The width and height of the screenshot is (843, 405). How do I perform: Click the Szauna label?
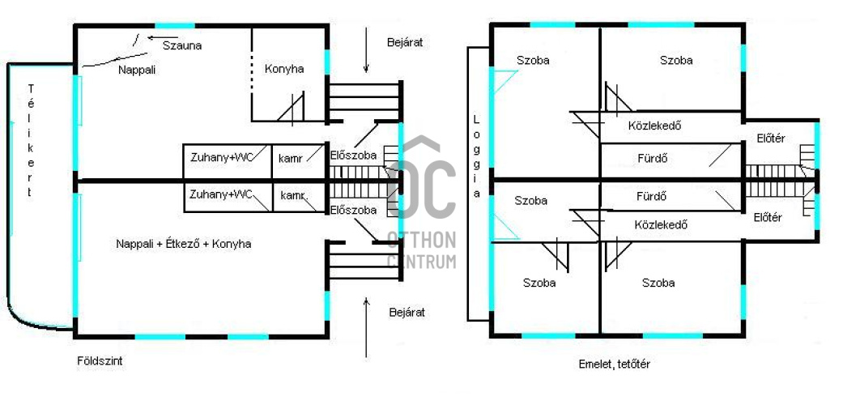click(x=182, y=45)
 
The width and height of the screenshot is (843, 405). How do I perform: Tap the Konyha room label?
click(x=284, y=69)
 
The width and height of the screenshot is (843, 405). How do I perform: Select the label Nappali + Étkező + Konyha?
click(x=184, y=244)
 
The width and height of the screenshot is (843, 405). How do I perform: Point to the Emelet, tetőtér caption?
click(x=615, y=364)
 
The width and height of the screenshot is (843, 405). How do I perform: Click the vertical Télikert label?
click(x=31, y=141)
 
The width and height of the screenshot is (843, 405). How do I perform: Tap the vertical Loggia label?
click(x=477, y=156)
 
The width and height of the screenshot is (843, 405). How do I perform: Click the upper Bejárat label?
click(x=406, y=43)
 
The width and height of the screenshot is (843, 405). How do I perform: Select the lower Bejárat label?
click(x=407, y=312)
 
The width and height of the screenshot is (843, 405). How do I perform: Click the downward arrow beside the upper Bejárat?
click(x=366, y=50)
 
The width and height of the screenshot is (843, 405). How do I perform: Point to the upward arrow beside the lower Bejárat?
click(x=366, y=327)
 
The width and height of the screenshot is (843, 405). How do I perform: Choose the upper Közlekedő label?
click(x=655, y=126)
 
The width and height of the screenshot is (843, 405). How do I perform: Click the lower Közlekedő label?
click(x=662, y=225)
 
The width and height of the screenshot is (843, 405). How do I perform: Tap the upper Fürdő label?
click(x=653, y=160)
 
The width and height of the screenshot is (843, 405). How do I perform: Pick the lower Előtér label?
click(x=768, y=218)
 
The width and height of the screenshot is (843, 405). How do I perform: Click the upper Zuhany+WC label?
click(x=222, y=158)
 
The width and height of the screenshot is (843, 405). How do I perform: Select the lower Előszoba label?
click(x=354, y=210)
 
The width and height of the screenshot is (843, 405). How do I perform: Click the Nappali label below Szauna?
click(x=137, y=70)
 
